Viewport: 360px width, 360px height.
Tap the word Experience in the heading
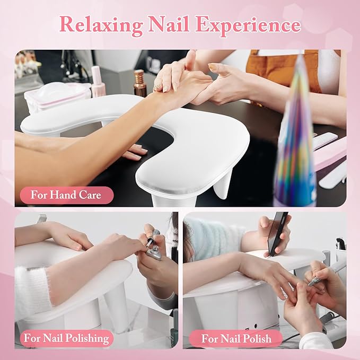pos(249,25)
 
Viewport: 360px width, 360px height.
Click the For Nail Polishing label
pos(66,338)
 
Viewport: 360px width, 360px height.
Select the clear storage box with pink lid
pos(57,97)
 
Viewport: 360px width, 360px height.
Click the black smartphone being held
pos(276,232)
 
